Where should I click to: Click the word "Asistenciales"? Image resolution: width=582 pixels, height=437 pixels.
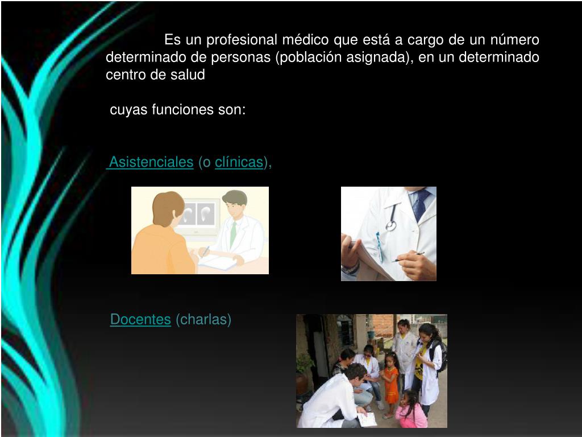pos(151,162)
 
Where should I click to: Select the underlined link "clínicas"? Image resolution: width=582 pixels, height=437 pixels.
pos(239,162)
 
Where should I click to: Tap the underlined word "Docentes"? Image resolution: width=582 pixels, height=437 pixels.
pos(140,320)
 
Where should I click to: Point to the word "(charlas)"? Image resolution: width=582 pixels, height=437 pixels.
pos(203,320)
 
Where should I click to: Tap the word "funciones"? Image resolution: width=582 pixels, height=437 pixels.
pos(183,110)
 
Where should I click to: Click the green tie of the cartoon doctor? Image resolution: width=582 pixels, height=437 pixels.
pos(233,233)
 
